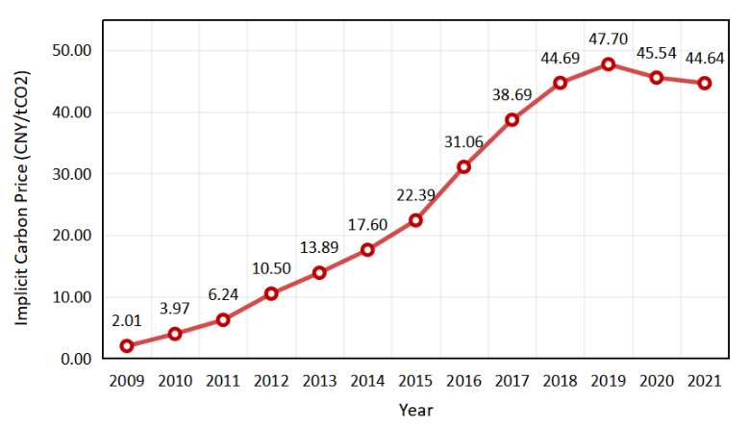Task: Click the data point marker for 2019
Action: (608, 64)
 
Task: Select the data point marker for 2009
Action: (127, 346)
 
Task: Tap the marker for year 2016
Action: (463, 166)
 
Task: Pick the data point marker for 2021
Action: (705, 83)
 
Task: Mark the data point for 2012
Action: (271, 293)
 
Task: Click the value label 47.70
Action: (608, 40)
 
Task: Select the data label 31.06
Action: (463, 142)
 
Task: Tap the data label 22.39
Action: (415, 195)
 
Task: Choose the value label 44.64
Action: (705, 59)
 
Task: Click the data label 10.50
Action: (271, 268)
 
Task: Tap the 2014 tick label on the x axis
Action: (367, 381)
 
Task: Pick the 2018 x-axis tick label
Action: (560, 381)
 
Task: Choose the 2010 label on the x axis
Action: (175, 381)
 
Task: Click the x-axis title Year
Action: (415, 410)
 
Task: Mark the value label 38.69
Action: (512, 95)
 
